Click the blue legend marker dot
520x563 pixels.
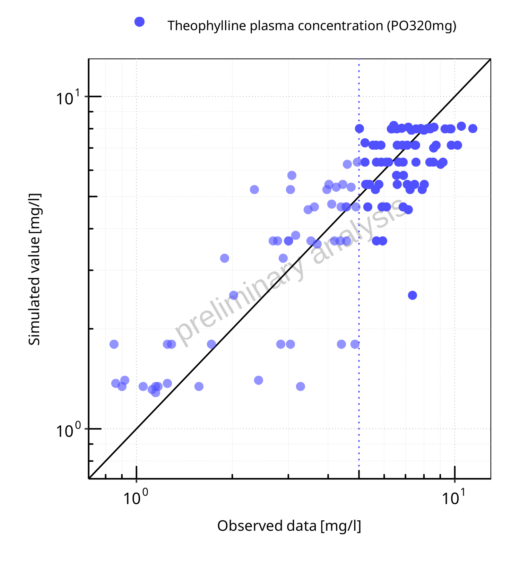click(139, 22)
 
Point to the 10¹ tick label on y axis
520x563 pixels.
click(68, 98)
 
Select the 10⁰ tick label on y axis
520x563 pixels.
click(68, 431)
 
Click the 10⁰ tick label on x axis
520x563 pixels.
click(136, 498)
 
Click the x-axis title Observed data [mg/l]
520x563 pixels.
click(289, 526)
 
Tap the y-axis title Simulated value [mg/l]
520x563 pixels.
click(34, 269)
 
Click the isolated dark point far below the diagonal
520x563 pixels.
click(413, 295)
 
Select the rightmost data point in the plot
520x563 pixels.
click(473, 129)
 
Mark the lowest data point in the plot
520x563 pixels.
click(156, 392)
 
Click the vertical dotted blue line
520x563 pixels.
click(359, 381)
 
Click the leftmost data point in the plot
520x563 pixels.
click(114, 344)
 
